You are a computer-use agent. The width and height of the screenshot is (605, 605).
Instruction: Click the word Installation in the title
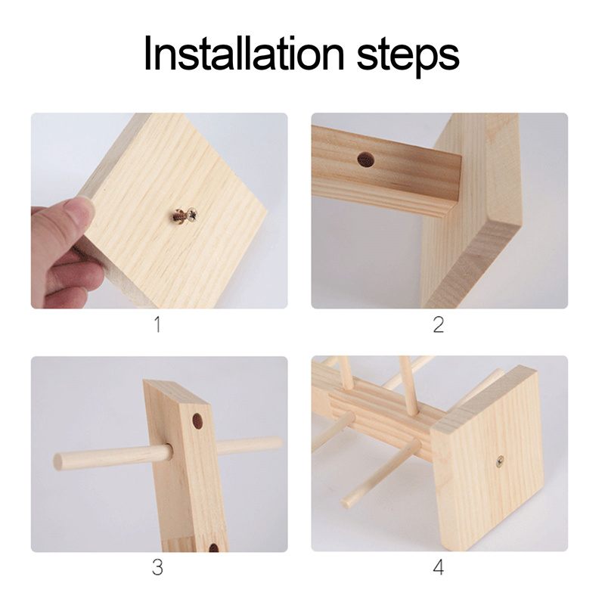pyautogui.click(x=244, y=54)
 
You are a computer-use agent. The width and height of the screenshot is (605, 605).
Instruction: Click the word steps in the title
pyautogui.click(x=408, y=57)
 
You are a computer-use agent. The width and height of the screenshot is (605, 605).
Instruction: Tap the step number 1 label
pyautogui.click(x=157, y=324)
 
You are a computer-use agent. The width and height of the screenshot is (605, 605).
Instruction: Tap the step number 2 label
pyautogui.click(x=439, y=324)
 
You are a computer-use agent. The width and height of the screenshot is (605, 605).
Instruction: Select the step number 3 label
pyautogui.click(x=157, y=567)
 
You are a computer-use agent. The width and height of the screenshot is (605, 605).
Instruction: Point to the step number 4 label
pyautogui.click(x=439, y=567)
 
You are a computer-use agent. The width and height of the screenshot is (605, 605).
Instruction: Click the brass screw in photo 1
pyautogui.click(x=185, y=215)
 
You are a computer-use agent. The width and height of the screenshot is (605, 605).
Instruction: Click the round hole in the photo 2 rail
pyautogui.click(x=366, y=159)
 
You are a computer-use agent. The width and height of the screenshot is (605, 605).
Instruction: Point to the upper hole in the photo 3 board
pyautogui.click(x=197, y=422)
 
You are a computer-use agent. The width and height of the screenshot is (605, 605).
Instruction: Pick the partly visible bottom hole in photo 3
pyautogui.click(x=213, y=548)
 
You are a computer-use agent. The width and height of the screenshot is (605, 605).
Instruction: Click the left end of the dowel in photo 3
pyautogui.click(x=57, y=462)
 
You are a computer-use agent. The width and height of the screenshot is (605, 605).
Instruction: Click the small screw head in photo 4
pyautogui.click(x=500, y=460)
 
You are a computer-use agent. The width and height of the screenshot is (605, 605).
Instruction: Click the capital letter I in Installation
pyautogui.click(x=147, y=53)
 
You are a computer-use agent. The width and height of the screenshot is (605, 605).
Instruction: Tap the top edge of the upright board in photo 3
pyautogui.click(x=177, y=391)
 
